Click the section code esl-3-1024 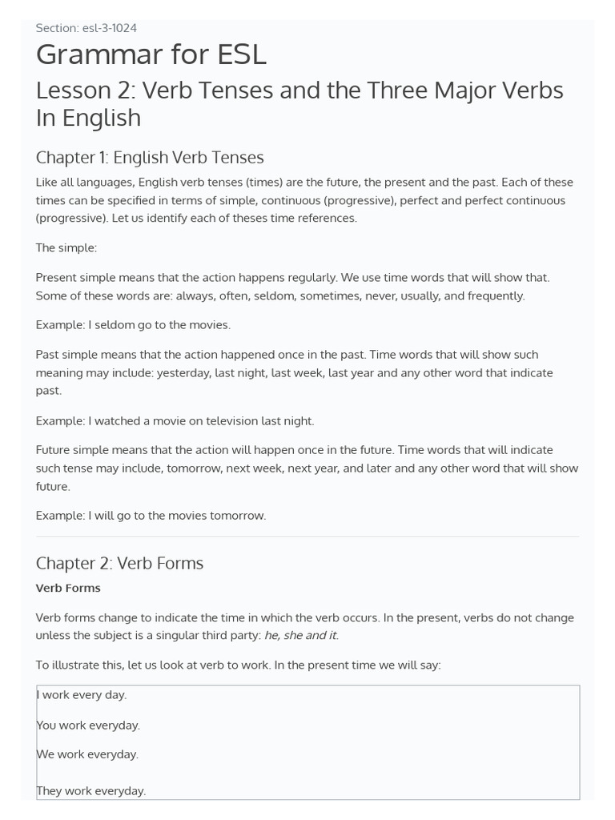coord(109,28)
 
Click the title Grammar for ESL coord(151,54)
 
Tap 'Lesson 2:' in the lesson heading coord(83,90)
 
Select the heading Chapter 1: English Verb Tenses coord(150,157)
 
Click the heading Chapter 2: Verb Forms coord(119,563)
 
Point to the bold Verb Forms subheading coord(68,588)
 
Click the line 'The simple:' coord(66,247)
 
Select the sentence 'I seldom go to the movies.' coord(159,324)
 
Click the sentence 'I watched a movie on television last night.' coord(201,420)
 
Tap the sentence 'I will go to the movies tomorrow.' coord(177,516)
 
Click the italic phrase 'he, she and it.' coord(301,635)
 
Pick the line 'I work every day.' coord(82,695)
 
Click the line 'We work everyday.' coord(87,754)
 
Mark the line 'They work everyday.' coord(91,790)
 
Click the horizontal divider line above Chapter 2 coord(307,537)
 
